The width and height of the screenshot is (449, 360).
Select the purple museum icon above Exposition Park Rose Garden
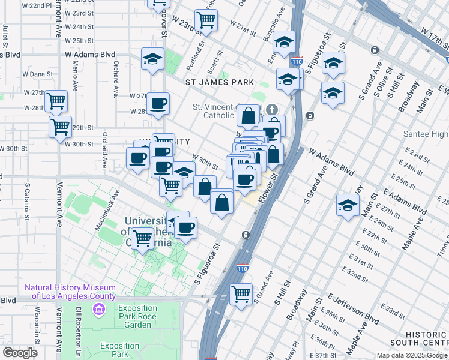98,309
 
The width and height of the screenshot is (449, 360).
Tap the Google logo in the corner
20,353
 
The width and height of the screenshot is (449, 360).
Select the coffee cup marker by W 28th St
158,103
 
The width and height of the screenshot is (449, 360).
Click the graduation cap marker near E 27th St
348,205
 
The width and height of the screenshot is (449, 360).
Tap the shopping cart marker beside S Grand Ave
241,294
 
